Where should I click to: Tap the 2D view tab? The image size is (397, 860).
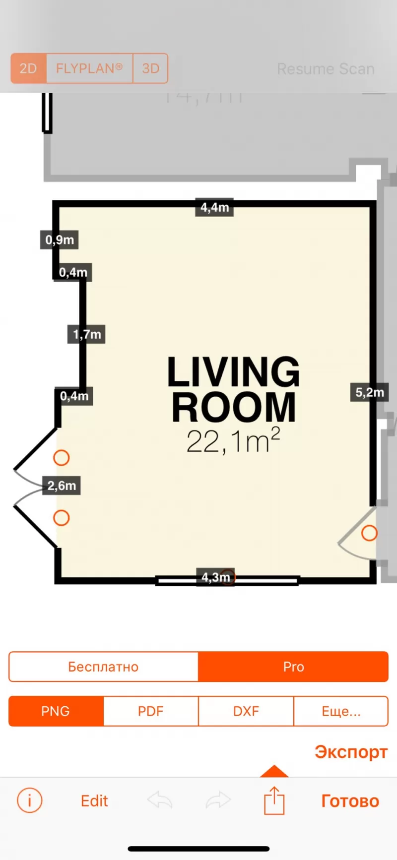click(28, 68)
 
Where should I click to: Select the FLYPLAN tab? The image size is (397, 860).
click(89, 68)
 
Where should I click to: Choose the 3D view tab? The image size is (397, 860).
click(150, 68)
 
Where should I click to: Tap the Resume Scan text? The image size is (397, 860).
click(326, 69)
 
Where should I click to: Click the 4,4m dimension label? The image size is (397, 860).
click(214, 207)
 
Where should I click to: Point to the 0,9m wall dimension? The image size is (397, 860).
click(60, 240)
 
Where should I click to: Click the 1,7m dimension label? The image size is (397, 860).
click(86, 334)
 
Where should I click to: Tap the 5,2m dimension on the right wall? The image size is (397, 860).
click(369, 392)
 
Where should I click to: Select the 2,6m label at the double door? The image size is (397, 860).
click(62, 486)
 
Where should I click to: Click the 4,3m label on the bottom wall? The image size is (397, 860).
click(215, 577)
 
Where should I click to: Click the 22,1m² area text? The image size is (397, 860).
click(233, 441)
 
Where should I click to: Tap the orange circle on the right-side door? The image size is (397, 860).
click(369, 533)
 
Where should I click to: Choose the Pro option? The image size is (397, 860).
click(293, 667)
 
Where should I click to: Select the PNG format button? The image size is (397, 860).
click(56, 711)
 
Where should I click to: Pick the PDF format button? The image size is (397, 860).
click(151, 711)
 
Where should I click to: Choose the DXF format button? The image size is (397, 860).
click(246, 711)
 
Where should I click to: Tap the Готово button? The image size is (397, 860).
click(350, 801)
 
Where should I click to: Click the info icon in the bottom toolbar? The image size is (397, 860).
click(30, 800)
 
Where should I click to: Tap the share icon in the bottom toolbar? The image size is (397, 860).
click(274, 800)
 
